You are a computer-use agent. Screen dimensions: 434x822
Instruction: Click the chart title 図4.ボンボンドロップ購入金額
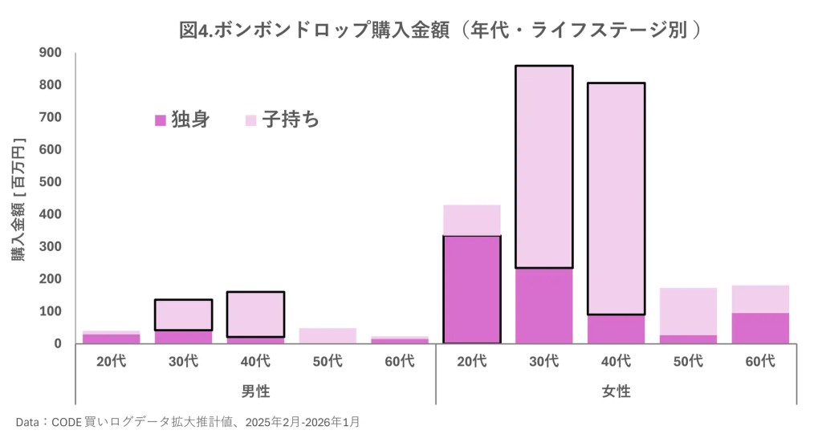point(441,30)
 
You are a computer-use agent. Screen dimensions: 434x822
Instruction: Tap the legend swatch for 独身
point(160,120)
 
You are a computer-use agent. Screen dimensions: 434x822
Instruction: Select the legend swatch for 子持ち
point(250,120)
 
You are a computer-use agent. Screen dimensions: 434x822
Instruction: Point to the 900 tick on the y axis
point(51,53)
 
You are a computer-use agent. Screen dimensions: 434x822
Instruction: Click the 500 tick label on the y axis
point(51,182)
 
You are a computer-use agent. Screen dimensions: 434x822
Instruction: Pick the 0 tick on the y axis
point(57,343)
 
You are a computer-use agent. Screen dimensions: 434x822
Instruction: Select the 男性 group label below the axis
point(255,391)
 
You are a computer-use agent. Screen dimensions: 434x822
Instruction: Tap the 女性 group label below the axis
point(616,391)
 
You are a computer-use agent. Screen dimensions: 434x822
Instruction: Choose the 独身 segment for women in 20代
point(471,290)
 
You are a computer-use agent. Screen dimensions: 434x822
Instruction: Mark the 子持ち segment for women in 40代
point(616,198)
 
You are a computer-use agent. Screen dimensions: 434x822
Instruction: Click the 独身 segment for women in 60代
point(759,328)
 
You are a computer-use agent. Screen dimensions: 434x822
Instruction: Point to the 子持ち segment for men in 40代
point(255,314)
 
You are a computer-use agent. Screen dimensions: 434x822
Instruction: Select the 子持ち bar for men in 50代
point(328,335)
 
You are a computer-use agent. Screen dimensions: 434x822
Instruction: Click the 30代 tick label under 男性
point(183,361)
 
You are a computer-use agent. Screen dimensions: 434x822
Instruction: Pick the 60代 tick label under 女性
point(759,361)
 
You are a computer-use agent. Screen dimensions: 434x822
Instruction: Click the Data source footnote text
point(192,420)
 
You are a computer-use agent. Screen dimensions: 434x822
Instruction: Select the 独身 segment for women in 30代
point(543,306)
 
